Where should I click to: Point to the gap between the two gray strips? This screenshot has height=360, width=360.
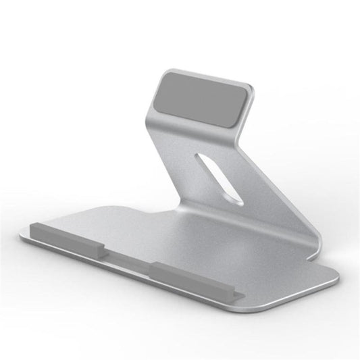128,258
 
